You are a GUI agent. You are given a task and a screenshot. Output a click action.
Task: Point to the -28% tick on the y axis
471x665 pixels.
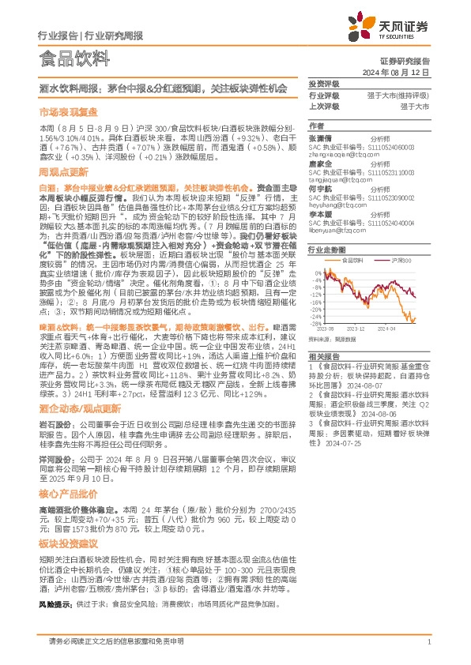coord(315,323)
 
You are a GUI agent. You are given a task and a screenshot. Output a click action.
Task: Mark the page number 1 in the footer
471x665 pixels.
coord(428,641)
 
